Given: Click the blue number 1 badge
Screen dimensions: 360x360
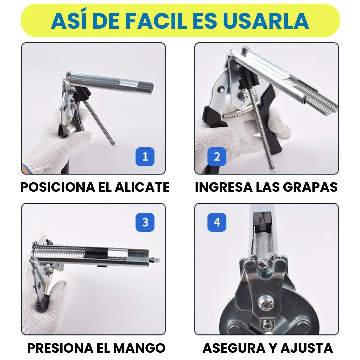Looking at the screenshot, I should pyautogui.click(x=145, y=156).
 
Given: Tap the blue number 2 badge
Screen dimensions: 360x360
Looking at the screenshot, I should pyautogui.click(x=217, y=156).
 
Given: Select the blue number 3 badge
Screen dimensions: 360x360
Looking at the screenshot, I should pyautogui.click(x=145, y=222).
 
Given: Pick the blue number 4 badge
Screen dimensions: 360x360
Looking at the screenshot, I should pyautogui.click(x=217, y=222).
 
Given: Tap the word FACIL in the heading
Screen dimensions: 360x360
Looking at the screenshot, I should pyautogui.click(x=158, y=21).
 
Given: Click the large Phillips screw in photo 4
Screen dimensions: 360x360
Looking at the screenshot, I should pyautogui.click(x=267, y=302).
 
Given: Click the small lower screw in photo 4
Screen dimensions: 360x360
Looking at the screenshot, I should pyautogui.click(x=267, y=324).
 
